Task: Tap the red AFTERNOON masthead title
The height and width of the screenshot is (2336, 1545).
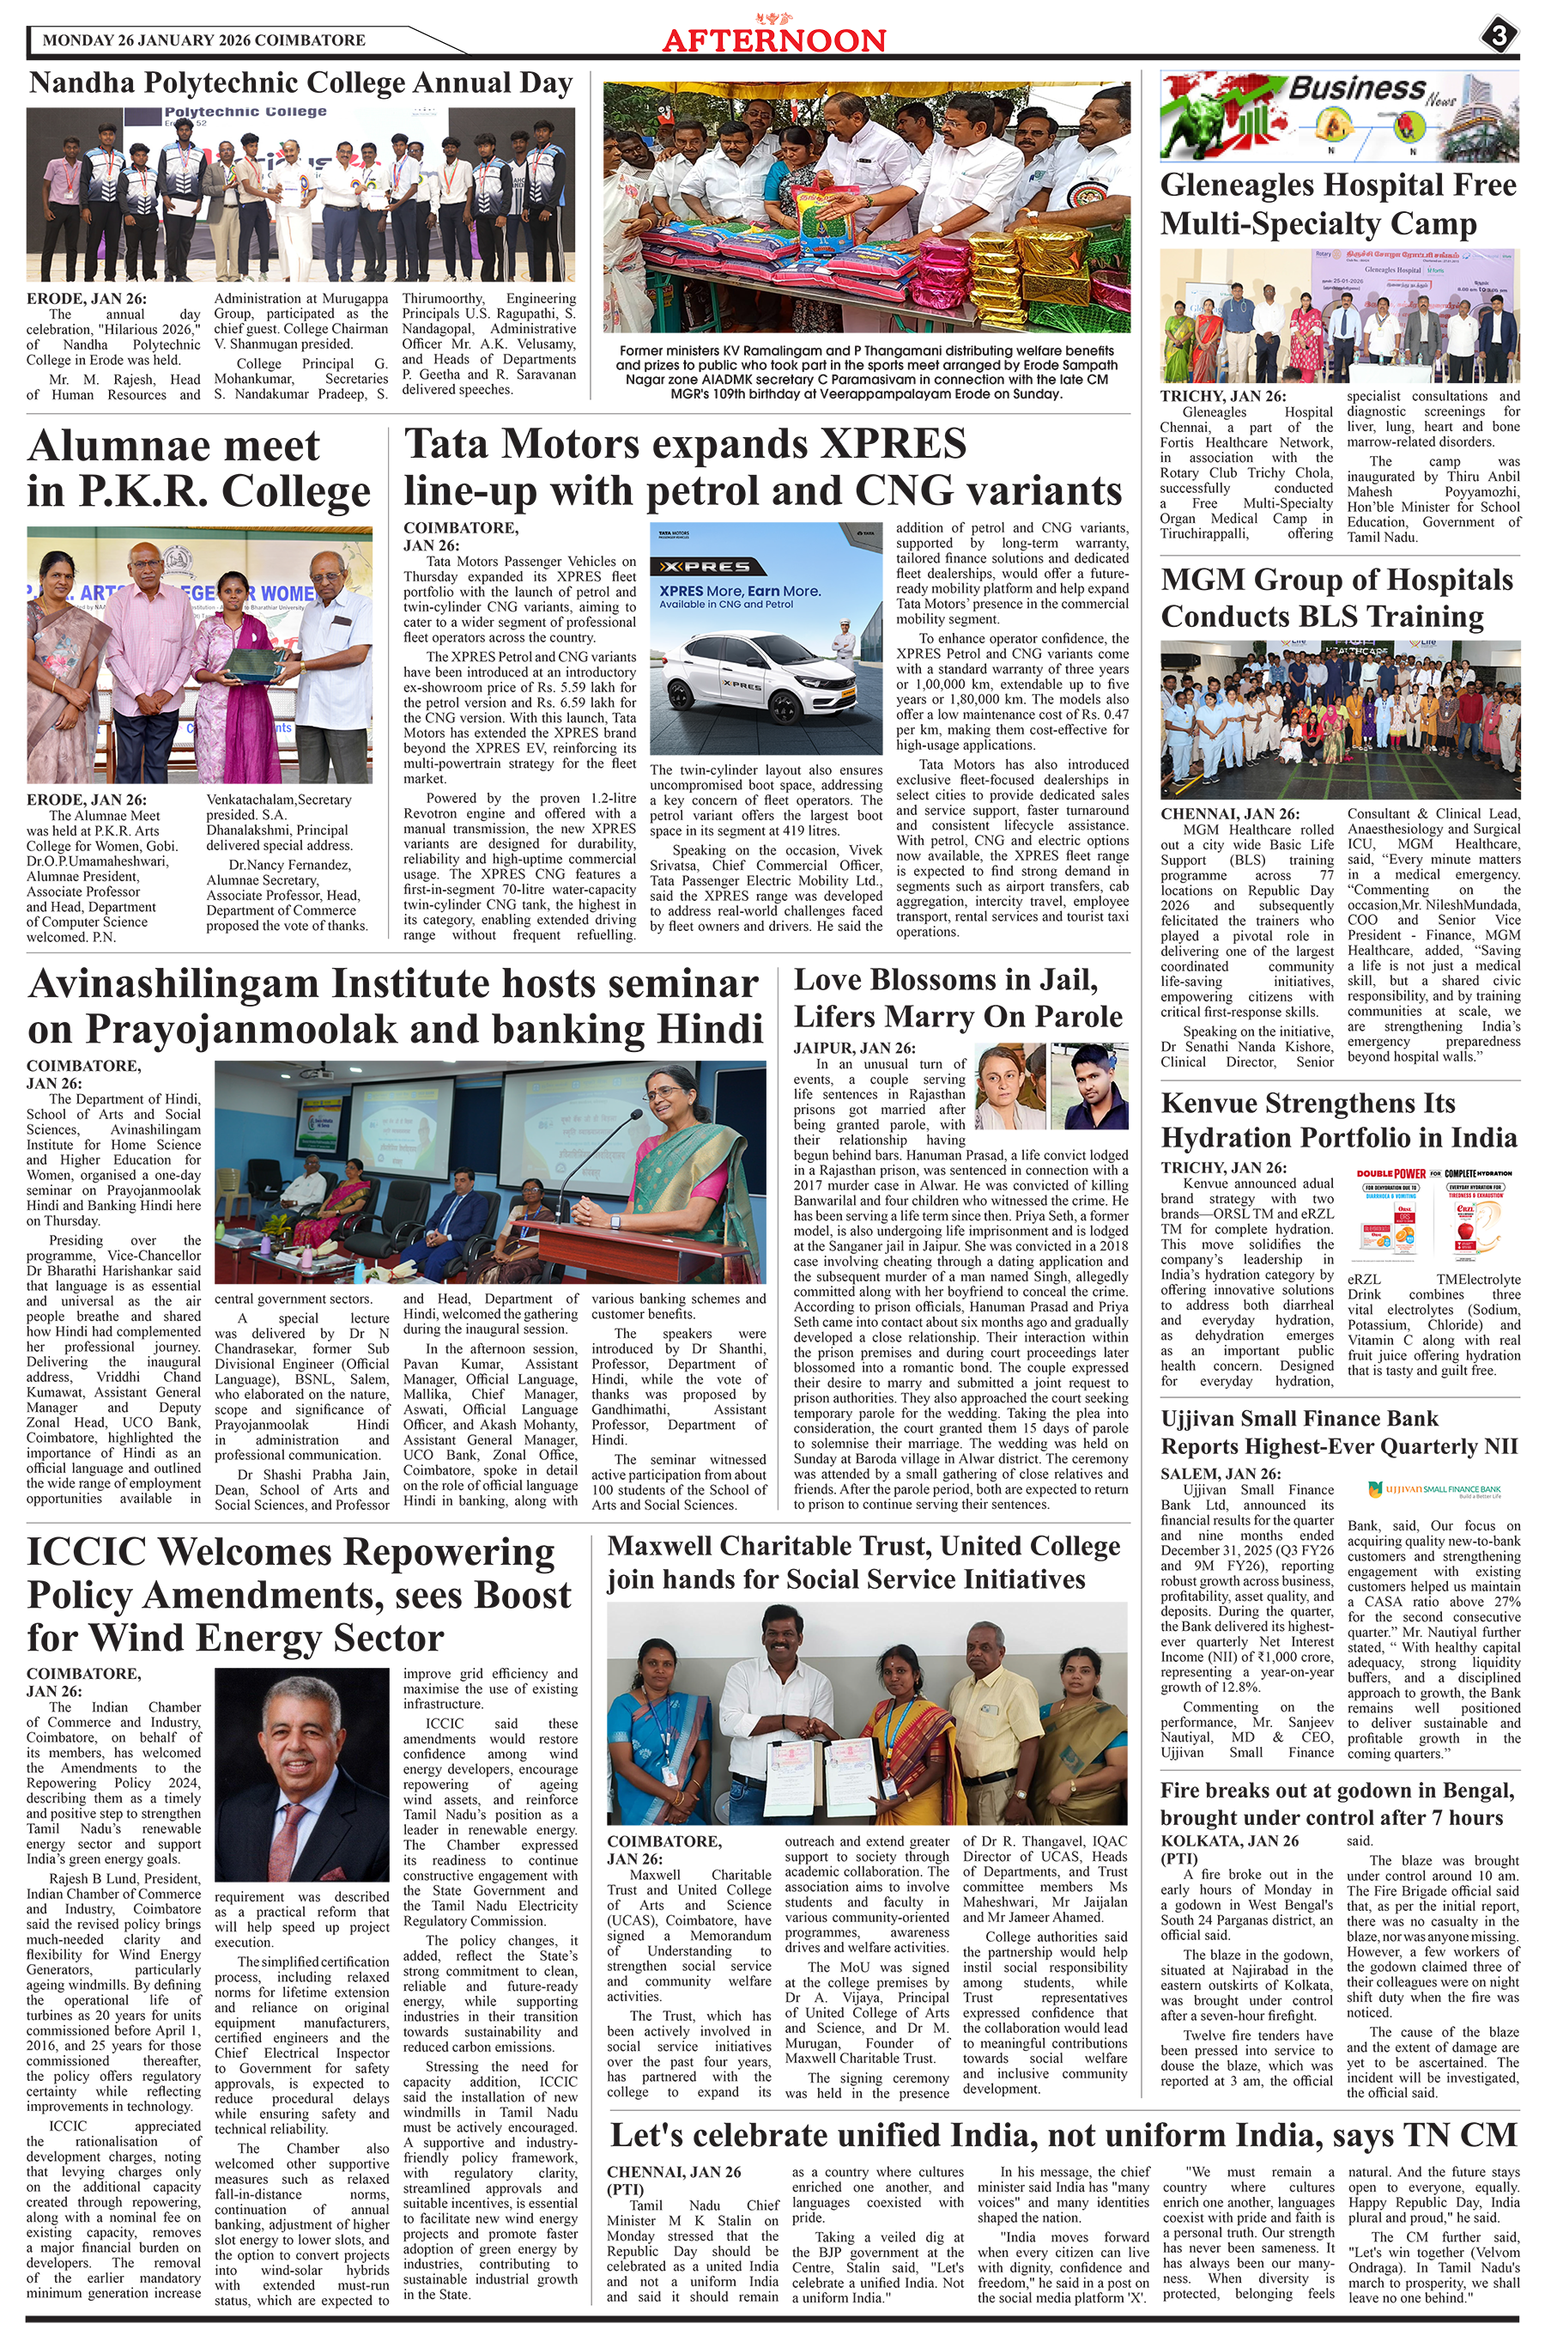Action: coord(773,40)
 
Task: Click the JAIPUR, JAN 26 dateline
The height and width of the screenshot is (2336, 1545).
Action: coord(853,1048)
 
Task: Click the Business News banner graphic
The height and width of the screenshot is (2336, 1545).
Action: coord(1338,115)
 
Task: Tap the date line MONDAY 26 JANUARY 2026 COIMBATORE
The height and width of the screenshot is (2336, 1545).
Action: coord(204,40)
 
